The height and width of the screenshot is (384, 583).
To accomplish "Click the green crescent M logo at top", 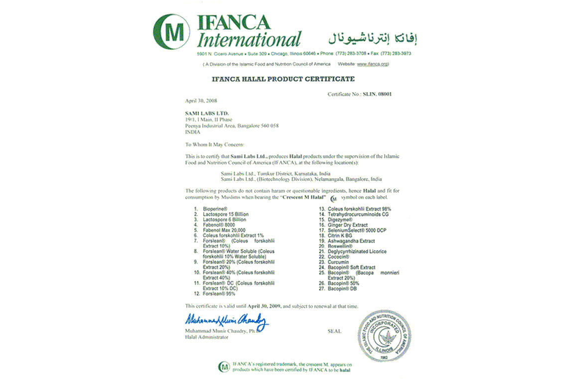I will click(171, 31).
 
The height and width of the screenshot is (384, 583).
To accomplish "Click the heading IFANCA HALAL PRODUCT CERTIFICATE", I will click(283, 79).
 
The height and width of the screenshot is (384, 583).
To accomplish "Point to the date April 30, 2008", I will click(198, 101).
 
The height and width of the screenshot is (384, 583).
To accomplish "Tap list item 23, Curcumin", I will click(338, 262).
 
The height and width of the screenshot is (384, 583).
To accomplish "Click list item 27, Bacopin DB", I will click(342, 288).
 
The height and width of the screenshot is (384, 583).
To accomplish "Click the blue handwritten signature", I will click(227, 319).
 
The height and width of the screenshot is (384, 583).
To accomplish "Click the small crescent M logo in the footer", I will click(224, 367).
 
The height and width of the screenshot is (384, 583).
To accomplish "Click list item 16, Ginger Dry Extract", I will click(348, 225).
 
